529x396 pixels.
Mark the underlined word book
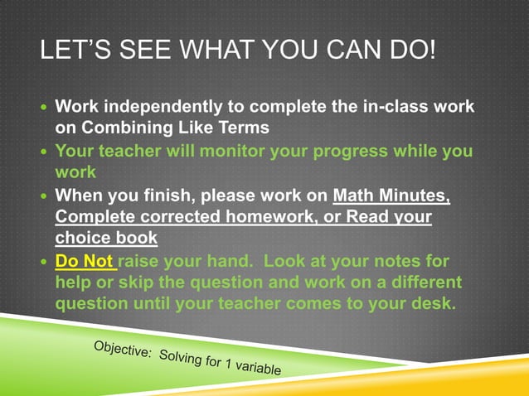136,239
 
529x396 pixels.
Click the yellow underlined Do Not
84,262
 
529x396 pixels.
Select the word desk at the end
431,303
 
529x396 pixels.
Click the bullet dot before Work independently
45,109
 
